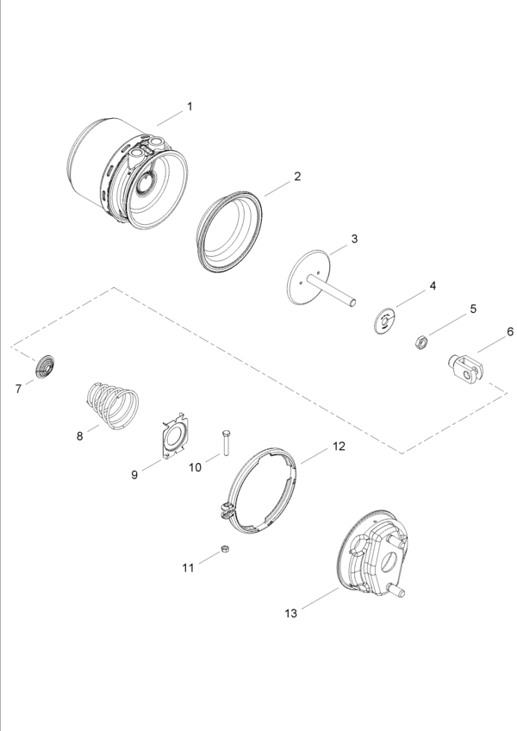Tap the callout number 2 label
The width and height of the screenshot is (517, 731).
click(x=297, y=176)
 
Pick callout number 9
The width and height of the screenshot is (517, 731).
click(x=134, y=475)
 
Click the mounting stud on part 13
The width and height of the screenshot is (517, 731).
click(x=398, y=591)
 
